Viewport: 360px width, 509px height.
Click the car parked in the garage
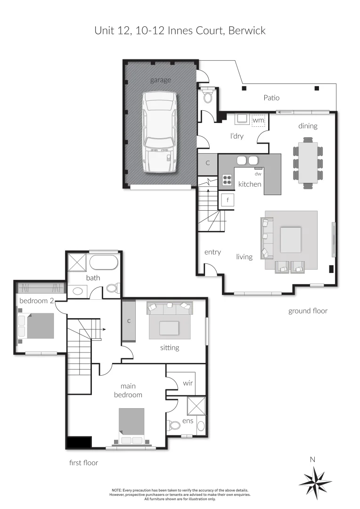[160, 132]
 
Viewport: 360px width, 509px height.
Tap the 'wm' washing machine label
[258, 121]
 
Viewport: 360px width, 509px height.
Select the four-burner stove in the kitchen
[227, 180]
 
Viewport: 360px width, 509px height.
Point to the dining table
[308, 163]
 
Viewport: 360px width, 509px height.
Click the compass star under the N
[315, 482]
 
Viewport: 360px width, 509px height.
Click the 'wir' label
[188, 383]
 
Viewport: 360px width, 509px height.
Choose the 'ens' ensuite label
[188, 420]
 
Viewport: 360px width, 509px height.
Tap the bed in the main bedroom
[131, 426]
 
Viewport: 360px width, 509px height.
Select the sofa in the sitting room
[169, 308]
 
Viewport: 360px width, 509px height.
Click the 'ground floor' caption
[308, 311]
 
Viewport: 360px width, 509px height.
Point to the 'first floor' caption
[83, 463]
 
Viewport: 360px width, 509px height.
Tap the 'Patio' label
[271, 98]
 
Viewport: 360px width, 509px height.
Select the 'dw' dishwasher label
[258, 174]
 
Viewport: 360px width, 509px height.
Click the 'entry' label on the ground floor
[213, 252]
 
